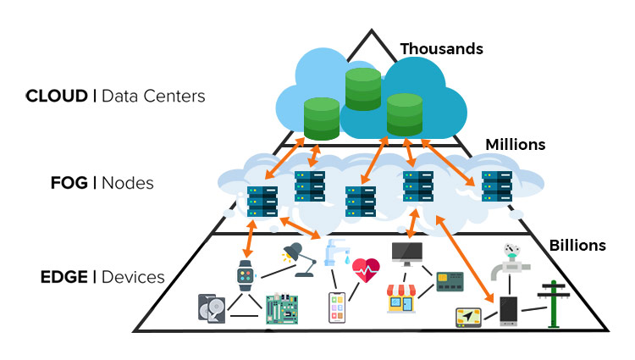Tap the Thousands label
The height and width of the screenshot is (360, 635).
[x=441, y=49]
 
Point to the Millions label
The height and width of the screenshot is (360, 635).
[x=515, y=145]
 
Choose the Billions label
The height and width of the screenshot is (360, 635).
[x=577, y=246]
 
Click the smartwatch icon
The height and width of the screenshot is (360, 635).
[x=246, y=275]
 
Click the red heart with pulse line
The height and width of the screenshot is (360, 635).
[x=366, y=272]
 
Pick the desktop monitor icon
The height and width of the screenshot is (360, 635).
[x=406, y=252]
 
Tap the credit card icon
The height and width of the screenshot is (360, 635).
[x=450, y=281]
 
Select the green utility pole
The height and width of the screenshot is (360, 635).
[x=555, y=303]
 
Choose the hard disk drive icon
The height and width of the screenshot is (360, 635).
[x=213, y=307]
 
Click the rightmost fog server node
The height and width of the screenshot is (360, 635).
[x=495, y=186]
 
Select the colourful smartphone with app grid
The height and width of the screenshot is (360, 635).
[x=339, y=307]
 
